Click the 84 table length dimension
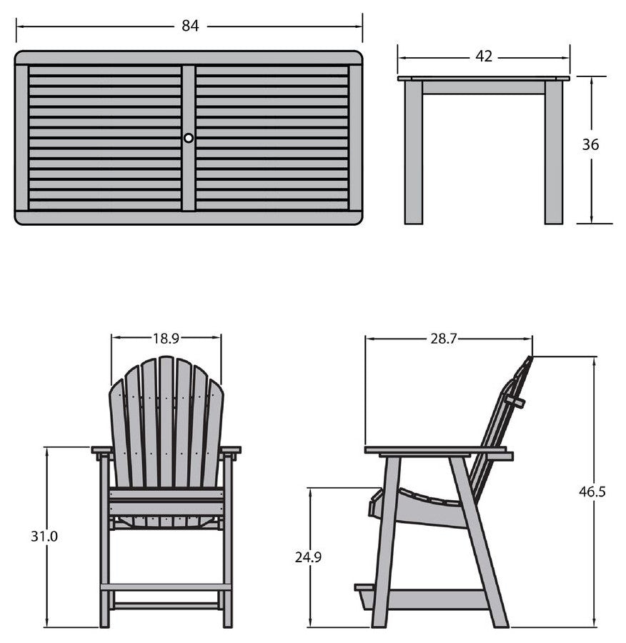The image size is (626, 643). tap(190, 26)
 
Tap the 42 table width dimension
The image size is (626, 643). tap(484, 56)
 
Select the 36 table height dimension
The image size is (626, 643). tap(590, 144)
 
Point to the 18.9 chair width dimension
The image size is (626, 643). tap(166, 339)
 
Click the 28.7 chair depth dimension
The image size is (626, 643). tap(444, 339)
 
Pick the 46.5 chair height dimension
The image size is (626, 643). tap(592, 491)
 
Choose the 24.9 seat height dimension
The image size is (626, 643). tap(308, 557)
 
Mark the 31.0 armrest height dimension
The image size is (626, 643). tap(44, 536)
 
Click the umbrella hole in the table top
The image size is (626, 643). tap(188, 138)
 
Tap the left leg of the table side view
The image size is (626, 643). tap(413, 152)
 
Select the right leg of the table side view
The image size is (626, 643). tap(554, 152)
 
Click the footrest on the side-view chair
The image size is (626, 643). tap(364, 588)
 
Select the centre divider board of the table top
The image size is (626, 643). tap(188, 138)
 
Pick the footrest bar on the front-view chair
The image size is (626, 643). tap(166, 587)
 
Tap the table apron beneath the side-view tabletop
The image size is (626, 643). tap(484, 87)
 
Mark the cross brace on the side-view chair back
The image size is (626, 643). tap(515, 402)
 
